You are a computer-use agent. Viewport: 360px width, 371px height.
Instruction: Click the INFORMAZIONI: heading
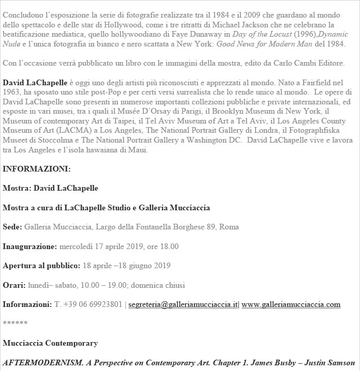click(37, 169)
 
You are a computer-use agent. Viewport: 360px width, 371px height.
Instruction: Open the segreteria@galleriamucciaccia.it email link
click(183, 304)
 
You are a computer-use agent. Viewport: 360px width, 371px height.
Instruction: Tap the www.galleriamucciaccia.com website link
click(291, 304)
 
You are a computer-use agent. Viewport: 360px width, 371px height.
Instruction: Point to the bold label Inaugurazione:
click(29, 246)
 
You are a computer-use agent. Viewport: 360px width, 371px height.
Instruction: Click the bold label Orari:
click(13, 285)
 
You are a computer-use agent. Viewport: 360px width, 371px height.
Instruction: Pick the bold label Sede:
click(12, 227)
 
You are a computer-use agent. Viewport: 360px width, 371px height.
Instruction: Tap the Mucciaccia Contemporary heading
click(50, 343)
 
